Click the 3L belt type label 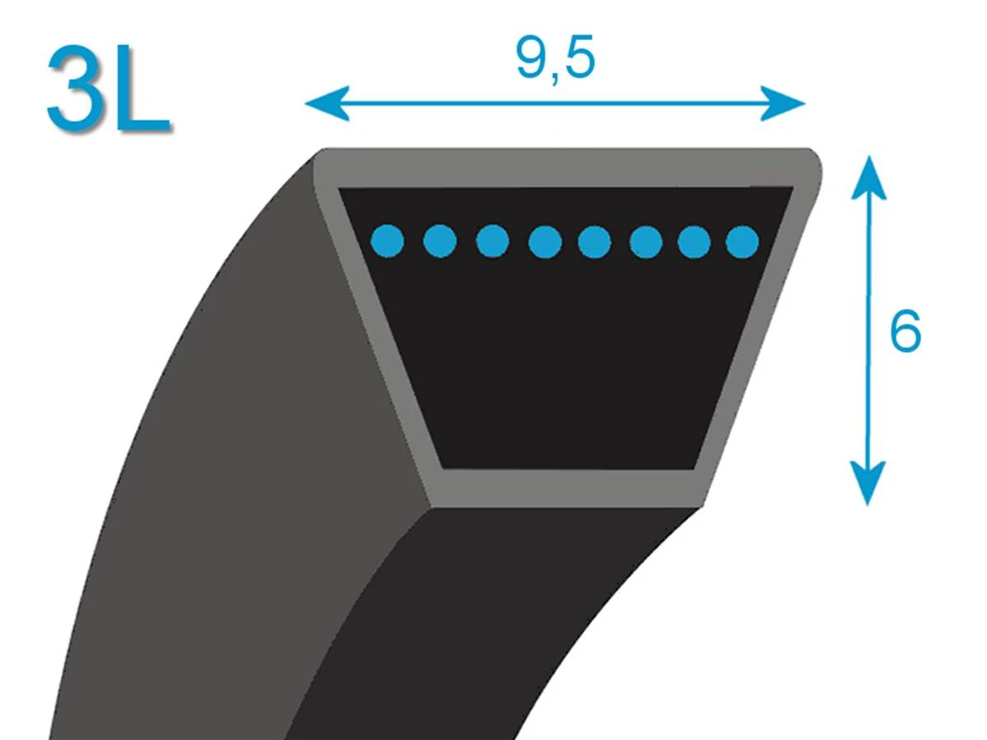[x=108, y=88]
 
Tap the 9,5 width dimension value [x=555, y=58]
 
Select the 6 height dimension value [x=905, y=331]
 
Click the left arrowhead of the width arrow [x=327, y=103]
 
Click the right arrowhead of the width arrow [x=783, y=103]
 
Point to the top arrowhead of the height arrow [x=868, y=178]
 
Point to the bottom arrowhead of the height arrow [x=868, y=483]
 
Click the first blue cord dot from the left [x=388, y=241]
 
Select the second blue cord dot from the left [x=440, y=241]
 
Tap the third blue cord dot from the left [x=493, y=241]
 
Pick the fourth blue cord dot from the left [x=545, y=241]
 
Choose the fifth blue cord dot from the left [x=594, y=242]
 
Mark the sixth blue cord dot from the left [x=646, y=242]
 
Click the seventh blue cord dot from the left [x=695, y=242]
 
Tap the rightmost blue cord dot [x=743, y=241]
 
